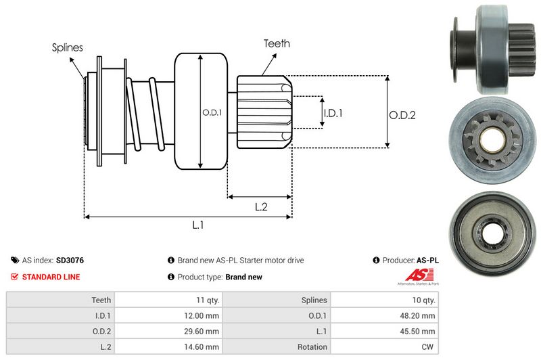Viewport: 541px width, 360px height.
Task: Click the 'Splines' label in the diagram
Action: pos(67,48)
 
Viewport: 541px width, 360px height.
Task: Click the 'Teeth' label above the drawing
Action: pos(277,43)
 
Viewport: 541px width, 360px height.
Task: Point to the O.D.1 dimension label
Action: pos(212,112)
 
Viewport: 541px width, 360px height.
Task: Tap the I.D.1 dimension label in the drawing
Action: pos(333,113)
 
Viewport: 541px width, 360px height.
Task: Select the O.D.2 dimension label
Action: pos(402,115)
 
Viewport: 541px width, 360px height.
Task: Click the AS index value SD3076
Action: pos(70,260)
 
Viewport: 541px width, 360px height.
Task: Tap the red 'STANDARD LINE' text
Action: pos(51,277)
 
